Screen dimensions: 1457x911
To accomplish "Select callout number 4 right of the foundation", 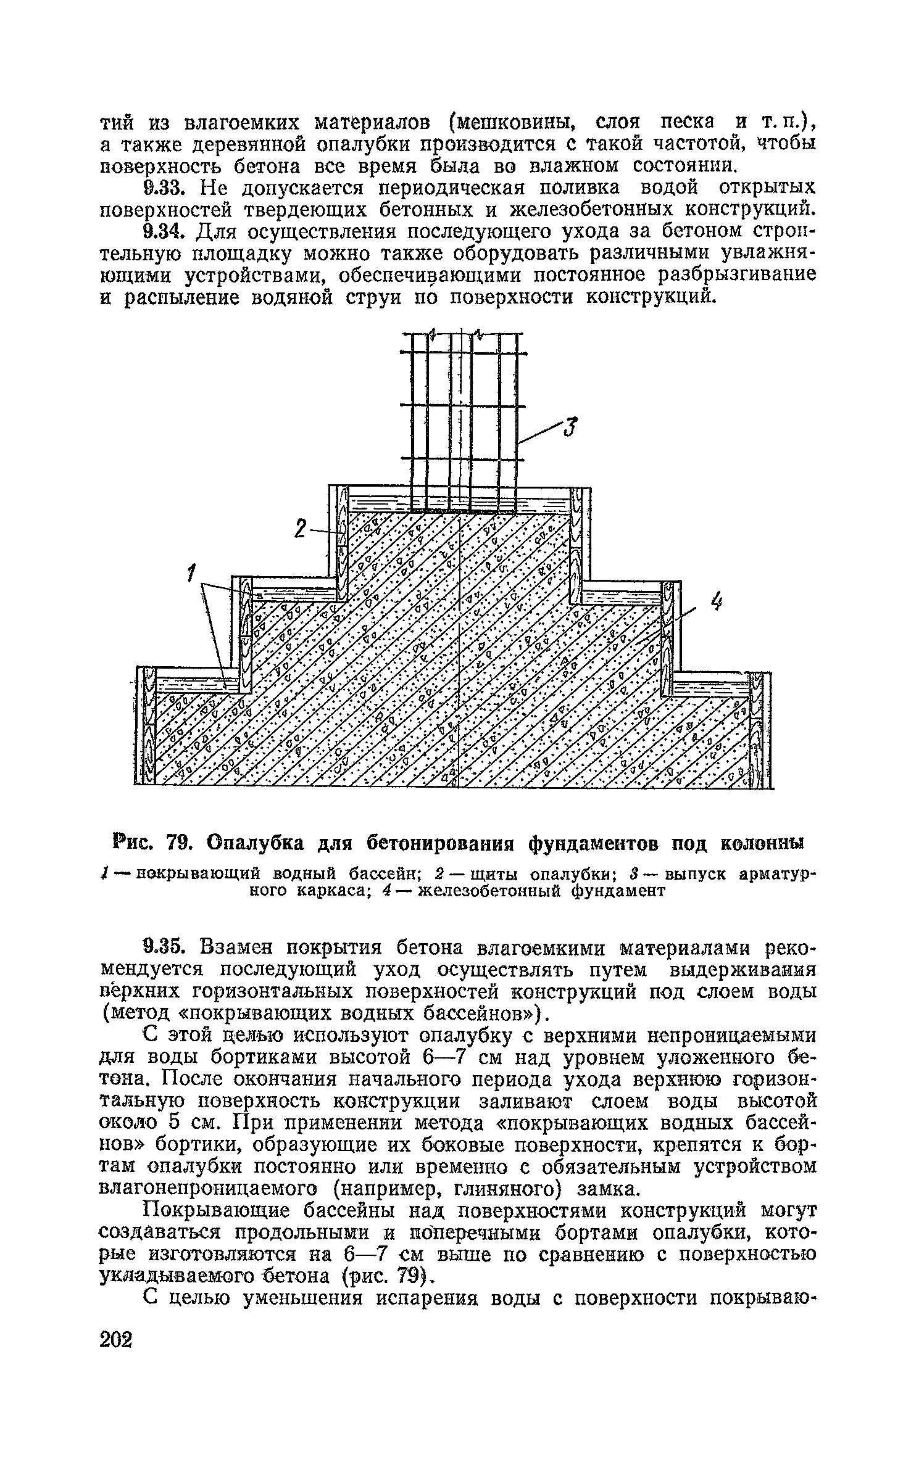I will [716, 602].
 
